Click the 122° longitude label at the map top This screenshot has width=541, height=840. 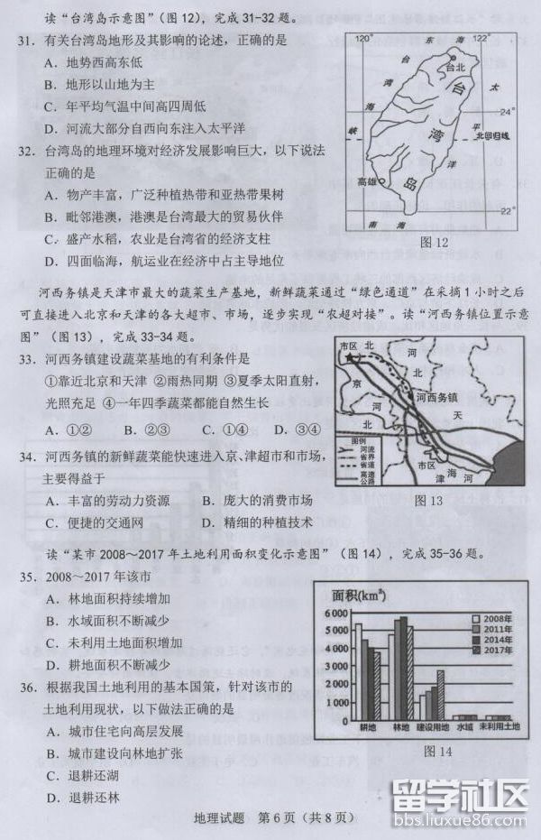coord(482,38)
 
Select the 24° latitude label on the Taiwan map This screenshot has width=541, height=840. coord(507,112)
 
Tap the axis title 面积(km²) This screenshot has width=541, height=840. coord(361,595)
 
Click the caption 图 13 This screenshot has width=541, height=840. coord(426,500)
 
